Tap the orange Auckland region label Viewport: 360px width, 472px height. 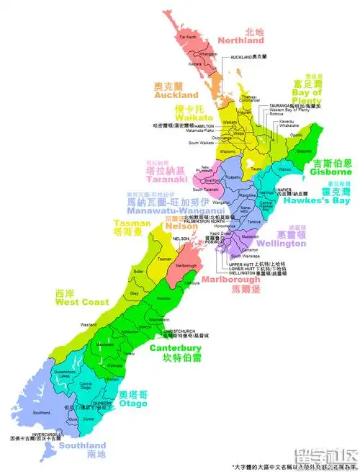tap(176, 94)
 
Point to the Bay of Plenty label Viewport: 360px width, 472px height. tap(307, 103)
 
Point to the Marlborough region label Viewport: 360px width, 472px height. tap(232, 278)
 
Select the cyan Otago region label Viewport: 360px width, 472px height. tap(133, 403)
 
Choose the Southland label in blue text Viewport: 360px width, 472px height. tap(84, 446)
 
